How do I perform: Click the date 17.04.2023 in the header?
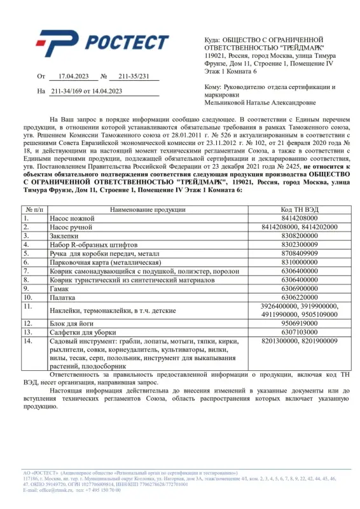tap(71, 76)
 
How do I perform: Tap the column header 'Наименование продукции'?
tap(147, 209)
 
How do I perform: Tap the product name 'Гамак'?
tap(60, 288)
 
